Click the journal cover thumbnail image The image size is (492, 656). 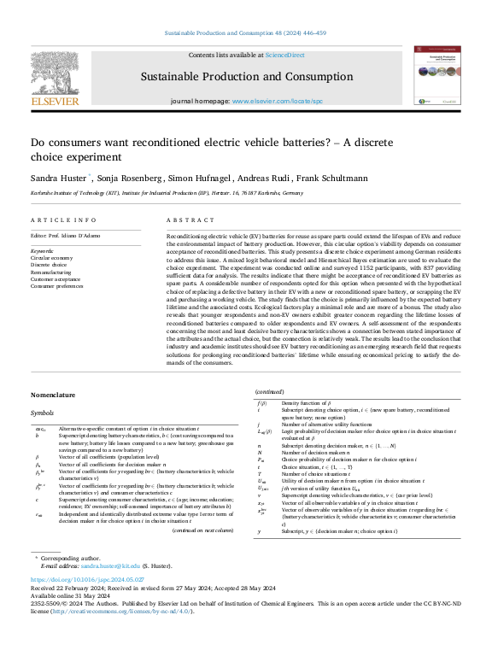[x=436, y=75]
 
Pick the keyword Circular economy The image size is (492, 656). [x=53, y=256]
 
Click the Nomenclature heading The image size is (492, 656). [x=53, y=395]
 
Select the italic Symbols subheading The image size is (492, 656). [x=44, y=411]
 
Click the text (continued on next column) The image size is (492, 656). [x=202, y=530]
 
